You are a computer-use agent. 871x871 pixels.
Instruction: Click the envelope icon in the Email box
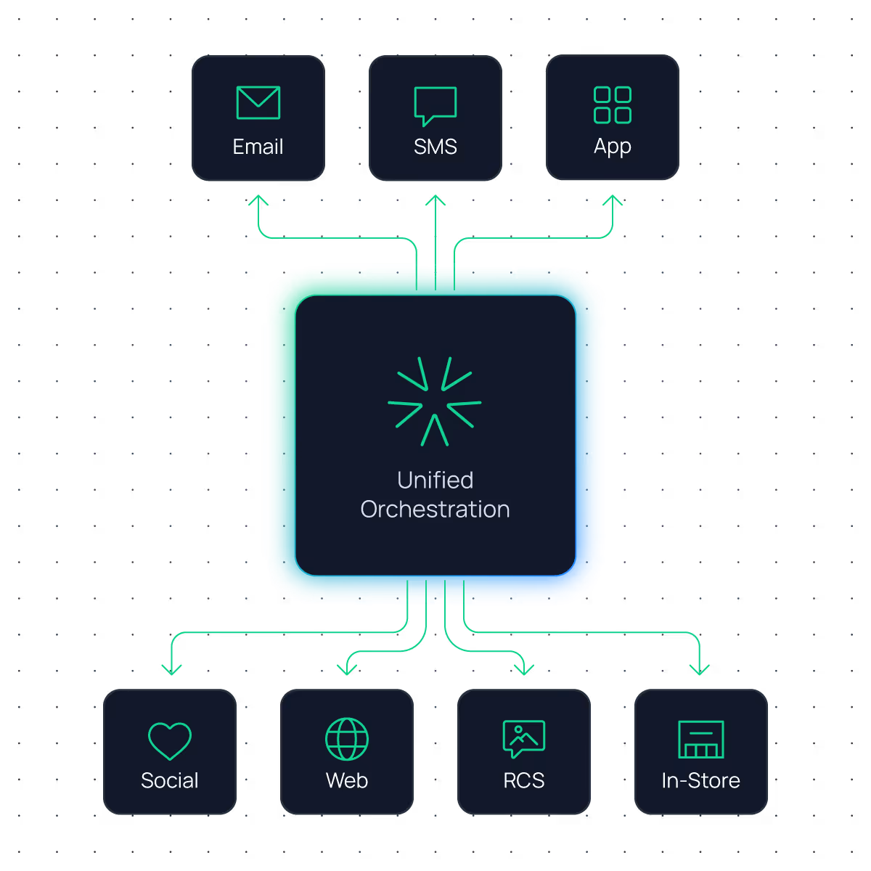tap(258, 102)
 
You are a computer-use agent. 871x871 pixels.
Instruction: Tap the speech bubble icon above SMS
tap(435, 105)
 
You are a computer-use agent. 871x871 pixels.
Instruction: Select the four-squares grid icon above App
tap(613, 105)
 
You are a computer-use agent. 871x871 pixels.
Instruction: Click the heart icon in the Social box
tap(170, 740)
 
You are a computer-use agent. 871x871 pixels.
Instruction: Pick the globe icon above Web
tap(347, 739)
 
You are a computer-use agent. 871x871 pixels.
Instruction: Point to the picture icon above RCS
tap(524, 739)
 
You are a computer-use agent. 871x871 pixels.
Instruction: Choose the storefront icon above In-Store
tap(701, 739)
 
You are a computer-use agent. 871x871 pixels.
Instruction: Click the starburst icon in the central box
tap(434, 401)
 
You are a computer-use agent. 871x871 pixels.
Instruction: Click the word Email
tap(258, 147)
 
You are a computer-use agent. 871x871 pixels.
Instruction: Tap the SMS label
tap(435, 147)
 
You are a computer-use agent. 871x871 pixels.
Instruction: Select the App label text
tap(613, 147)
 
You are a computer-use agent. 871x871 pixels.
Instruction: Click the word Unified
tap(435, 480)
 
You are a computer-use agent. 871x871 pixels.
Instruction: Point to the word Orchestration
tap(435, 510)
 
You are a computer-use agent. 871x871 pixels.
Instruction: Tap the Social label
tap(170, 780)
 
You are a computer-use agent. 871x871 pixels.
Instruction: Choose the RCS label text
tap(524, 780)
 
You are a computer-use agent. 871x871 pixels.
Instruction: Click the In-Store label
tap(701, 780)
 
